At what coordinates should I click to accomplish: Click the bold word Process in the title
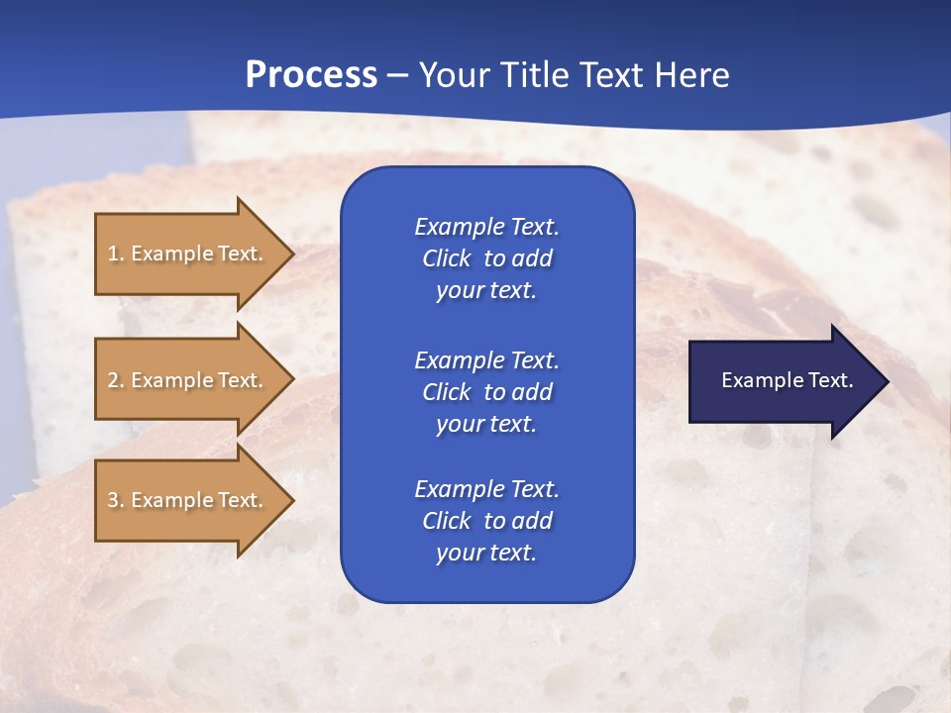point(311,75)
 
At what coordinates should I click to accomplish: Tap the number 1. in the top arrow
point(116,254)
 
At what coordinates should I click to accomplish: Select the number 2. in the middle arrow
point(116,380)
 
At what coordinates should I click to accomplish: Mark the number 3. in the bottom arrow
point(116,500)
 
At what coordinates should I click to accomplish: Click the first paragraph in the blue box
point(486,258)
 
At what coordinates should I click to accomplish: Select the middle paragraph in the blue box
point(486,391)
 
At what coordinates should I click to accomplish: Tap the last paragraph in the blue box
point(486,521)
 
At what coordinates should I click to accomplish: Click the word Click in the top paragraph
point(446,258)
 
